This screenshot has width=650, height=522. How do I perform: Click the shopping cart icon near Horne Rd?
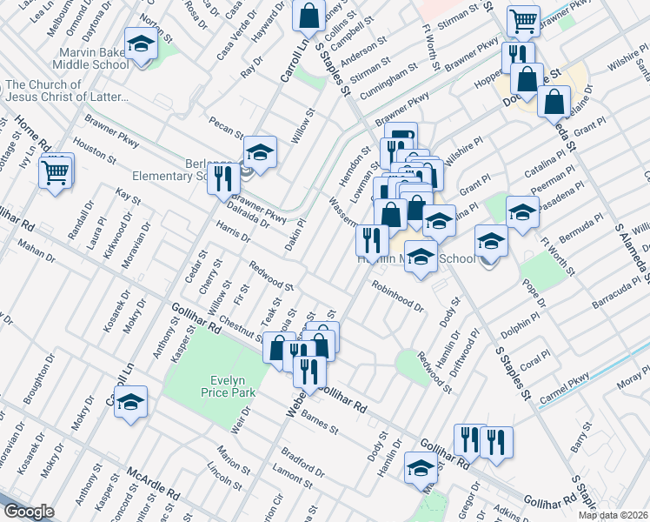[56, 171]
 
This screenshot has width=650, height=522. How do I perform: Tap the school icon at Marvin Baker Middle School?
[140, 43]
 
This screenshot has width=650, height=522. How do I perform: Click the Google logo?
[29, 512]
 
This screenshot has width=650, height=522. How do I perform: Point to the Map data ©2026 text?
[612, 514]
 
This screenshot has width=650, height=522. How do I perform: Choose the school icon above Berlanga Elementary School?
[259, 152]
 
